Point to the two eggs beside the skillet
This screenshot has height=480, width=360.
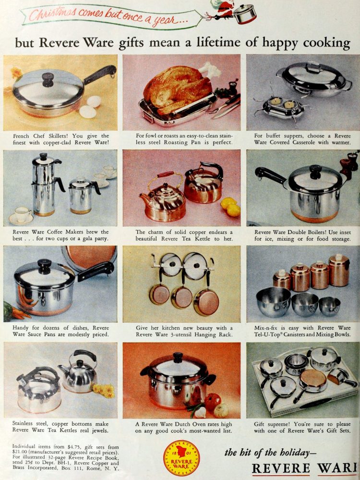91,107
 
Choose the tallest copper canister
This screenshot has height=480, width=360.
339,270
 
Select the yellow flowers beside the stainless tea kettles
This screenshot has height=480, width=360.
104,390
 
